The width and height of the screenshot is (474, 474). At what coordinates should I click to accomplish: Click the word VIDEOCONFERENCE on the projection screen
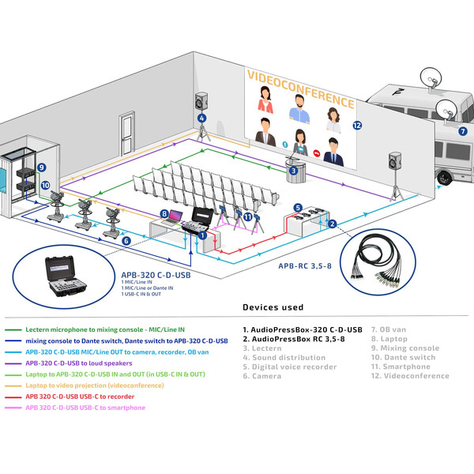tap(299, 88)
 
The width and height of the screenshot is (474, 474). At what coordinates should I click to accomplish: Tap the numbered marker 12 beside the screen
tap(357, 125)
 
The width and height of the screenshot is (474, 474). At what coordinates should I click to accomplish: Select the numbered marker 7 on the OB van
tap(463, 131)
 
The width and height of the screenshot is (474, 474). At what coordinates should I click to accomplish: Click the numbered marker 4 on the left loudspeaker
tap(202, 118)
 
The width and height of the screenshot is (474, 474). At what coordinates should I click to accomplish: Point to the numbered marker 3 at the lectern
tap(292, 170)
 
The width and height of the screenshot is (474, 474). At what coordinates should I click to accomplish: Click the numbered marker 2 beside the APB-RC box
tap(333, 224)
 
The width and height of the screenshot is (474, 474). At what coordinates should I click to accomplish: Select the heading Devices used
tap(273, 307)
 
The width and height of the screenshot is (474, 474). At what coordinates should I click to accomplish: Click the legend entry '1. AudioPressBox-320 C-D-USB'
tap(302, 329)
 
